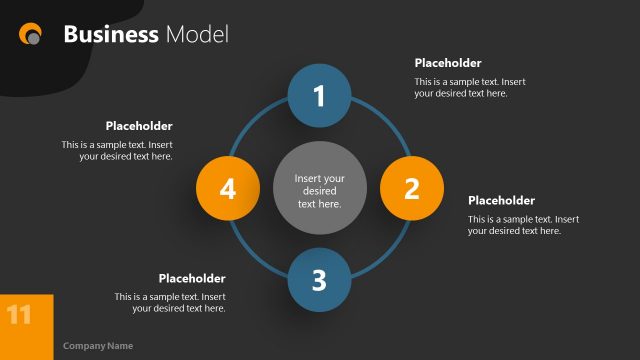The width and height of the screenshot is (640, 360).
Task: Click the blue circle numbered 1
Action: coord(319,96)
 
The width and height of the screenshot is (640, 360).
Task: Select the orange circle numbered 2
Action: coord(411,188)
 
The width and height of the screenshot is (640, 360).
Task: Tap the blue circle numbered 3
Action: coord(319,280)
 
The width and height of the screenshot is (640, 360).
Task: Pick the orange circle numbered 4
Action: coord(227,188)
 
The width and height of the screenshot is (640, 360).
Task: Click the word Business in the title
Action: coord(111,35)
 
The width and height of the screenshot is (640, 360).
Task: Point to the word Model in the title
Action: coord(197,35)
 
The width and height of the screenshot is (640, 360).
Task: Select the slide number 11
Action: coord(19,316)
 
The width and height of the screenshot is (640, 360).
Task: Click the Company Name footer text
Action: coord(98,346)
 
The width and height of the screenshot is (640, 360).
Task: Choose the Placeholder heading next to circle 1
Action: coord(448,63)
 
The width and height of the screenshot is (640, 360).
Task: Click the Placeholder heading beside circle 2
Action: coord(501,201)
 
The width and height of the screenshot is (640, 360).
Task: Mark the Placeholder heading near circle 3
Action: coord(192,278)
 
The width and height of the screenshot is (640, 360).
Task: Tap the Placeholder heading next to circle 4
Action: coord(139,126)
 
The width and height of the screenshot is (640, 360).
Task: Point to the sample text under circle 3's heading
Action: coord(170,302)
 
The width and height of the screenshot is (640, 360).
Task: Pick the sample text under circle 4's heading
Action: coord(117,150)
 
